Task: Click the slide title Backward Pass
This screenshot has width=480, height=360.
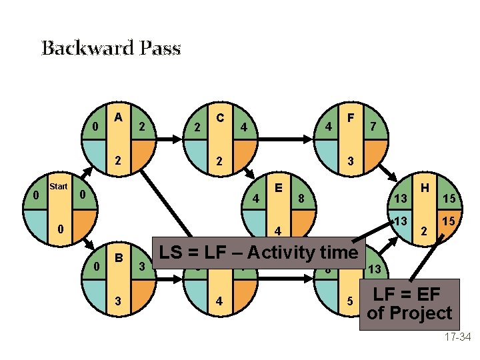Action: pos(111,48)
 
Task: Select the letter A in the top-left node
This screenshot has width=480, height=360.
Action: pos(118,117)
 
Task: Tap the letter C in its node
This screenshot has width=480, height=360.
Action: pos(219,117)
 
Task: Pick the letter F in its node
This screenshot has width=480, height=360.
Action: pos(350,117)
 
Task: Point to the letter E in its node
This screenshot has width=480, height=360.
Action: pos(278,187)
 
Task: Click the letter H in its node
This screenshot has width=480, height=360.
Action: pos(423,189)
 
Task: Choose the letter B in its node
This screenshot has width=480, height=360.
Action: pos(119,257)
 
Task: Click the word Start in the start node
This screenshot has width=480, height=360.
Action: pos(59,187)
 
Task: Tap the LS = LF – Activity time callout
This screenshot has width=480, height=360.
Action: pos(256,253)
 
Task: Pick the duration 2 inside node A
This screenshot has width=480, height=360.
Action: pos(118,161)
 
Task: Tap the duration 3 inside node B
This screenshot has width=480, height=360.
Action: pos(119,301)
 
